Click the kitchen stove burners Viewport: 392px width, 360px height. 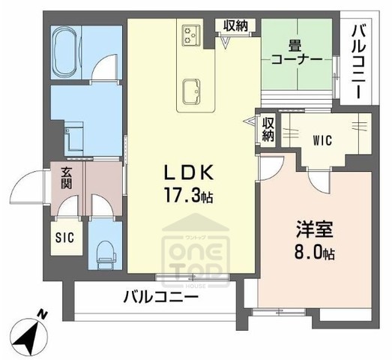190,34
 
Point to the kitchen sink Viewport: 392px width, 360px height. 190,89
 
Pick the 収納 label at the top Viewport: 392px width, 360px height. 235,25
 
